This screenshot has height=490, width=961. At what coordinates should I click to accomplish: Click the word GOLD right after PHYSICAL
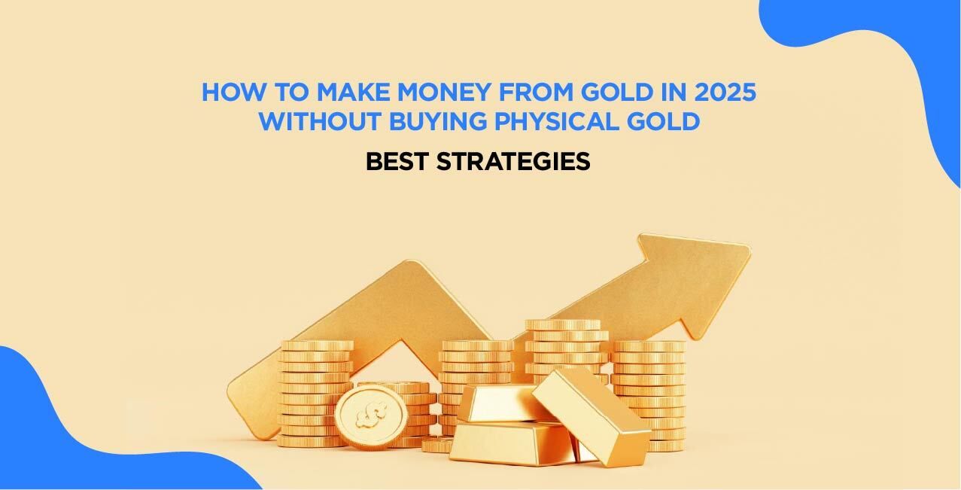(666, 121)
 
